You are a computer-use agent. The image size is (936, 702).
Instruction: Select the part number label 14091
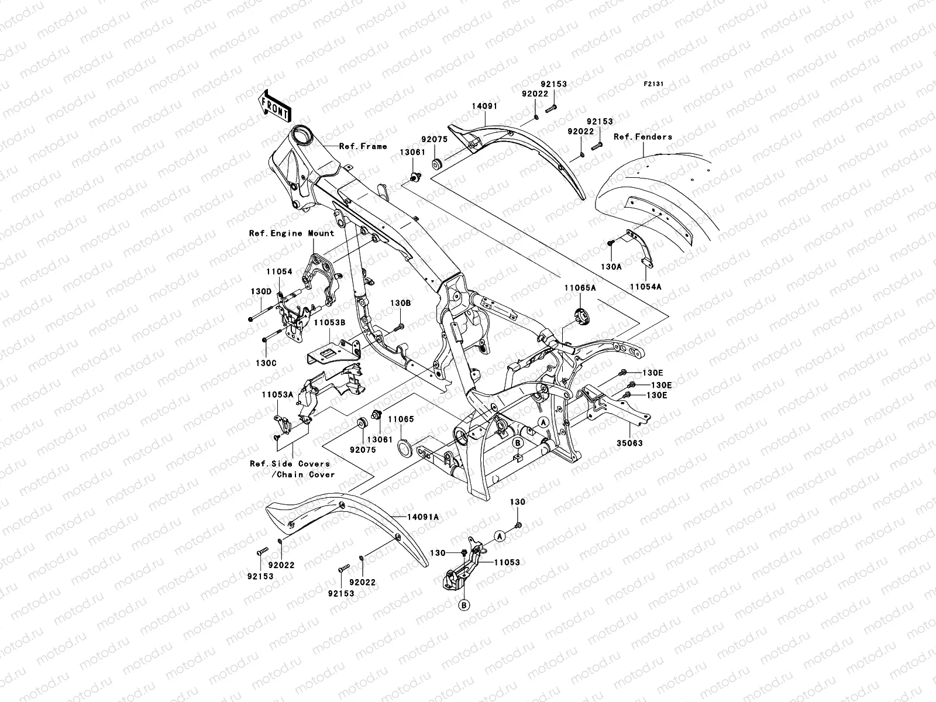(501, 106)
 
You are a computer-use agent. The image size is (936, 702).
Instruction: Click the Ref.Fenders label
(643, 137)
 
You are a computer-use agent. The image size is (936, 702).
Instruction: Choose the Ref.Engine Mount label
(291, 233)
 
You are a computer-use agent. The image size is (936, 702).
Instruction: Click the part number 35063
(629, 443)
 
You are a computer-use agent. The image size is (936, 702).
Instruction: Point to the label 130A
(611, 266)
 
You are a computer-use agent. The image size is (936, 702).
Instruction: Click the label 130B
(401, 303)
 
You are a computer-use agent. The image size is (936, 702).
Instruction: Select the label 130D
(261, 291)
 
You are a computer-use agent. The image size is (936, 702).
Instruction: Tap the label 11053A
(277, 394)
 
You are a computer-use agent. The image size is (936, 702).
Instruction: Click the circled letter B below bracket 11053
(463, 605)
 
